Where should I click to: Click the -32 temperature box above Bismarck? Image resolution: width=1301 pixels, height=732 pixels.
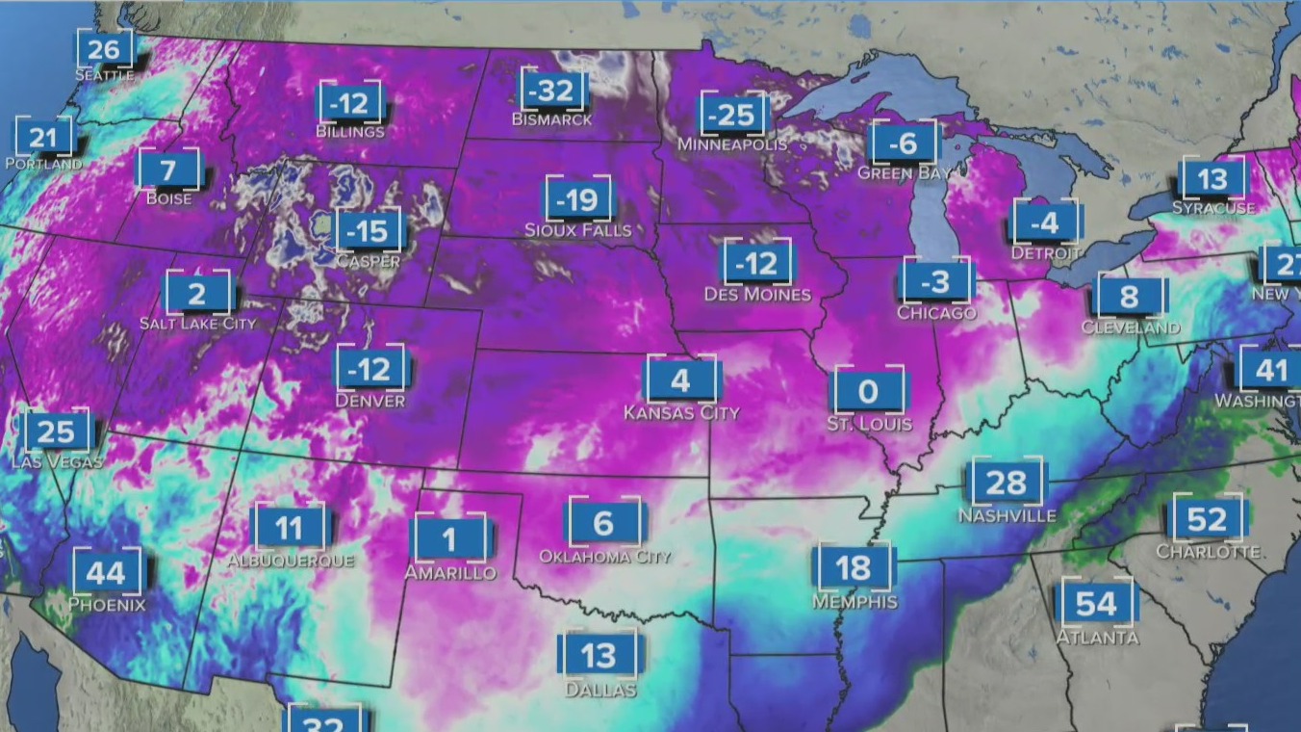[x=553, y=91]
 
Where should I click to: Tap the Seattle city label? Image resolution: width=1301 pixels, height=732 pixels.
[x=104, y=74]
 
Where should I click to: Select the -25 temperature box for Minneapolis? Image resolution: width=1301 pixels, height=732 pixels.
[x=733, y=116]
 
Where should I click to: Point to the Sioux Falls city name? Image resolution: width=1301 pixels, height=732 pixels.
[x=578, y=230]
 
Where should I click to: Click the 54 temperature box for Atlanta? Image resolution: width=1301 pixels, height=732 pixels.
[x=1096, y=604]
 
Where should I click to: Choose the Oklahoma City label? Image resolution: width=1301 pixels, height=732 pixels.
[x=604, y=557]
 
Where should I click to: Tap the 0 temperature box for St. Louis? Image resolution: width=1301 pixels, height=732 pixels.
[x=869, y=391]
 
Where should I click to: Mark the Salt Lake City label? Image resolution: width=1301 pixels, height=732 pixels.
[x=198, y=324]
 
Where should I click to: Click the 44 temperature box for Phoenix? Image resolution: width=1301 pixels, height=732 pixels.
[x=107, y=573]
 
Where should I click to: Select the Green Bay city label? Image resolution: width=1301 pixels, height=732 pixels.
[x=905, y=173]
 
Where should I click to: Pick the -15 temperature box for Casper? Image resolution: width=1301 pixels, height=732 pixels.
[x=367, y=232]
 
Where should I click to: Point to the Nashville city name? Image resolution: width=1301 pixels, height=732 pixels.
[x=1007, y=516]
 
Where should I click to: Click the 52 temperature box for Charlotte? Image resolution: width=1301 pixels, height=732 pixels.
[x=1208, y=520]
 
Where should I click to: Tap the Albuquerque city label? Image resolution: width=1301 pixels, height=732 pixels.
[x=290, y=560]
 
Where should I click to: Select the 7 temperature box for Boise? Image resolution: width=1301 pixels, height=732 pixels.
[x=168, y=171]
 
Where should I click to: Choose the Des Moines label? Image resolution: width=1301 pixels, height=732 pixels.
[x=757, y=294]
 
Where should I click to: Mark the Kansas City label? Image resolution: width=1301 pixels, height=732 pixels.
[x=681, y=413]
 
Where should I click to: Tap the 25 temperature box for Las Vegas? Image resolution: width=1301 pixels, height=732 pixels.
[x=57, y=432]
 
